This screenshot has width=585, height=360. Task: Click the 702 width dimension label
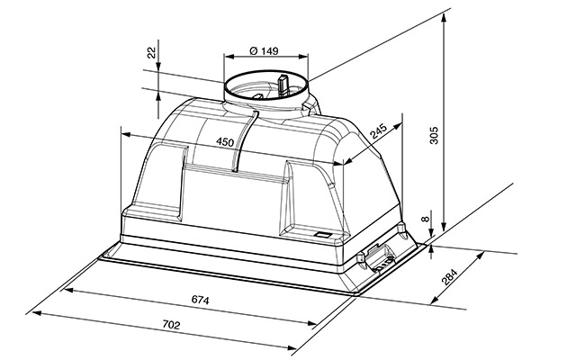[x=171, y=325]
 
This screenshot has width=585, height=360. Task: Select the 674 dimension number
[x=201, y=300]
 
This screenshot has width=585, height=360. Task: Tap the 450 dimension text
[x=225, y=142]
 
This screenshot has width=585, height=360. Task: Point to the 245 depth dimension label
[x=379, y=130]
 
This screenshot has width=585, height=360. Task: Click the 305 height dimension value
[x=434, y=135]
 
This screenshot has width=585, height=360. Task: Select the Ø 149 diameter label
[x=264, y=50]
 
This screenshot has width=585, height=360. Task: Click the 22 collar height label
[x=152, y=53]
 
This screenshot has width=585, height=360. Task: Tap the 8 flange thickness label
[x=426, y=219]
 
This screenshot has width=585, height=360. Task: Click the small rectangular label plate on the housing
[x=323, y=235]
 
